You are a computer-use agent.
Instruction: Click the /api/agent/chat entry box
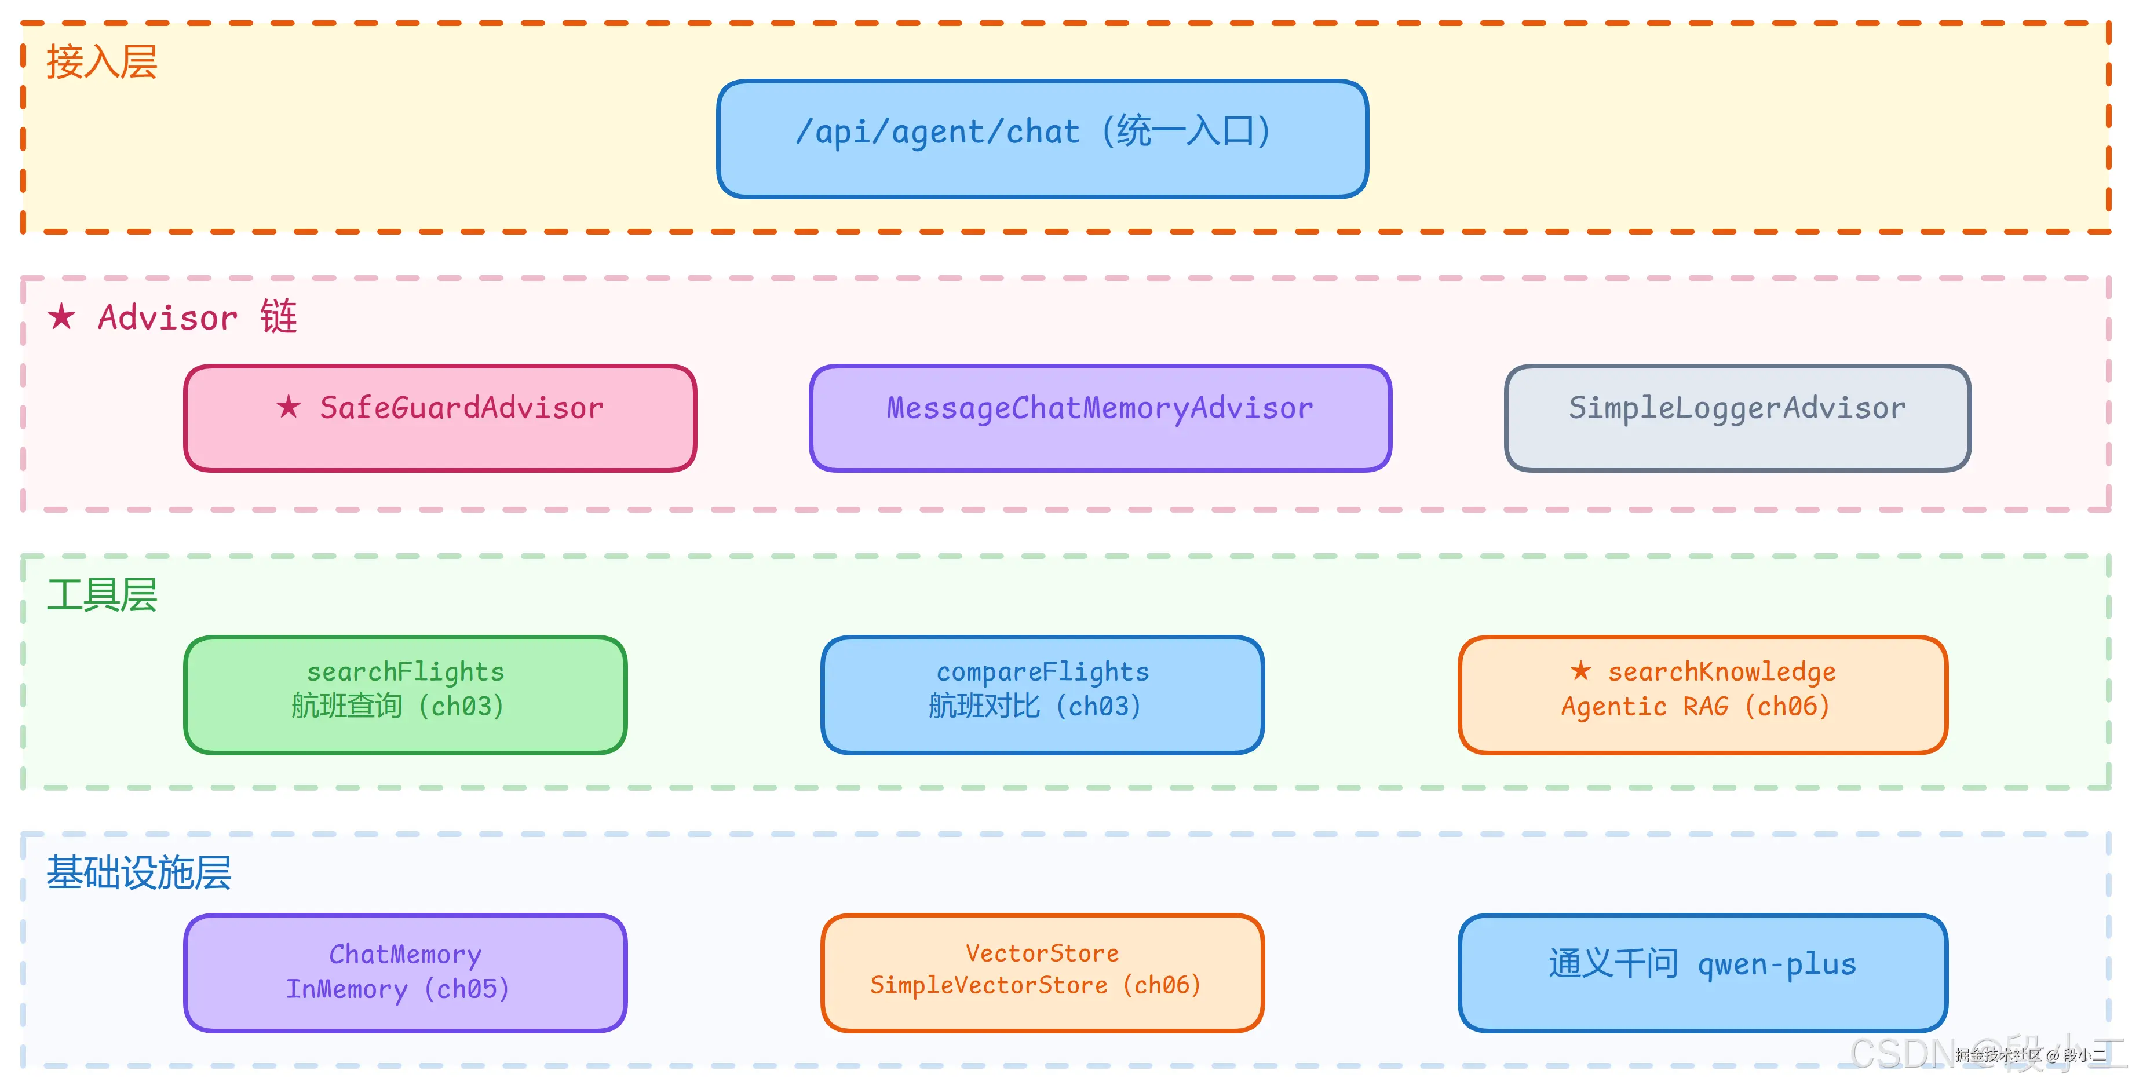[1042, 139]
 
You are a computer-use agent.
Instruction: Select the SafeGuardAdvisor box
[440, 418]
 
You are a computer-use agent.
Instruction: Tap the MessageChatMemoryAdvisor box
[1100, 418]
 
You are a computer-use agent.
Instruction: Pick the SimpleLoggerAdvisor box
[1737, 418]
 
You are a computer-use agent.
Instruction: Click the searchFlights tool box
[406, 695]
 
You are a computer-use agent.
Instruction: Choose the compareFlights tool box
[1042, 695]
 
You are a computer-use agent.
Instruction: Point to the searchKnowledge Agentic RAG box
[1703, 695]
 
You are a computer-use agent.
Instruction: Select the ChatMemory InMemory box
[406, 973]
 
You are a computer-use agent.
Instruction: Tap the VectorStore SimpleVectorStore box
[1042, 973]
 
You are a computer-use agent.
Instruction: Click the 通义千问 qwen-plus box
[1703, 973]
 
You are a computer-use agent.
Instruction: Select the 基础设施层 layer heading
[138, 873]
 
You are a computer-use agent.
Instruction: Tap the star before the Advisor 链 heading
[61, 316]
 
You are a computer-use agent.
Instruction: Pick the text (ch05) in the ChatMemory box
[467, 989]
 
